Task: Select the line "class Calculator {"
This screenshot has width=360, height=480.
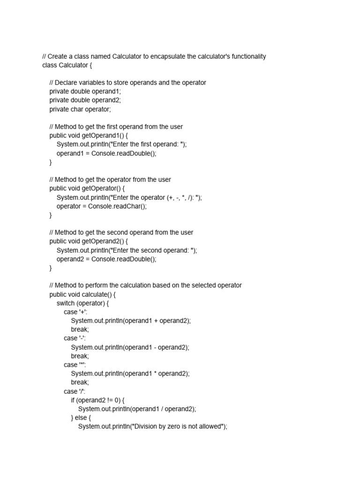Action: [x=67, y=65]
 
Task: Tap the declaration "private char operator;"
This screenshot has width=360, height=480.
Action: [x=80, y=109]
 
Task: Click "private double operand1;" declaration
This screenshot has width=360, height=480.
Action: [x=85, y=91]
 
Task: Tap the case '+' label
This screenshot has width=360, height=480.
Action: [x=75, y=312]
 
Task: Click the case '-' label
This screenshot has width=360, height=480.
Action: [x=75, y=338]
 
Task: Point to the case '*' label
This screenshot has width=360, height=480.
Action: [x=75, y=365]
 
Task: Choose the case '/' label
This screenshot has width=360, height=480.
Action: [x=75, y=391]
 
